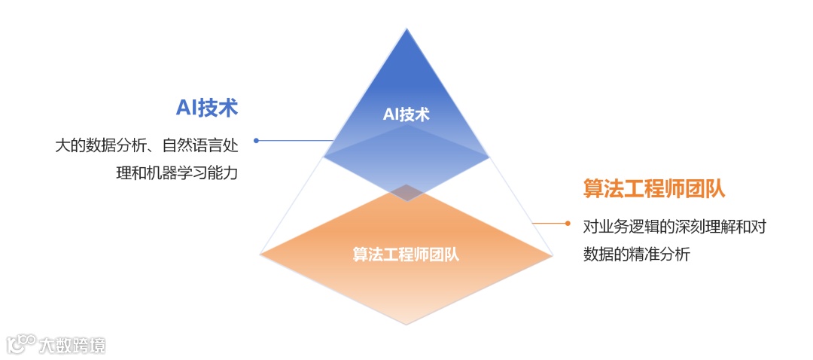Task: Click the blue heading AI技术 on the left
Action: (206, 108)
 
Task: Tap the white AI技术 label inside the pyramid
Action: (406, 114)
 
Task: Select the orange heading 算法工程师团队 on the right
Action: (653, 188)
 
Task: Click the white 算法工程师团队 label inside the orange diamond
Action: (406, 255)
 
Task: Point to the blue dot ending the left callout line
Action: (256, 140)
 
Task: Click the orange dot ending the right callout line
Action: (567, 223)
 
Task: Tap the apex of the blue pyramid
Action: (406, 29)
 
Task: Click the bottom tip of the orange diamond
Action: (406, 324)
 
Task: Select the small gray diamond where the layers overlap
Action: (406, 192)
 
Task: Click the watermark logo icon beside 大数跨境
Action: (21, 344)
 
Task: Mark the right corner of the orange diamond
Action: (553, 255)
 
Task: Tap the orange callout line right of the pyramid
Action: (550, 223)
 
